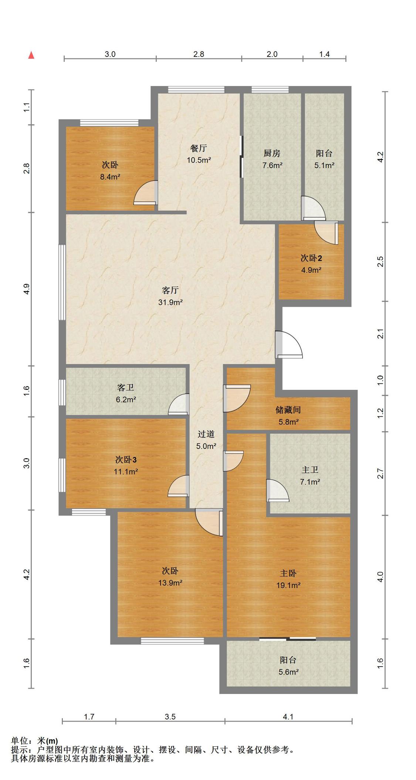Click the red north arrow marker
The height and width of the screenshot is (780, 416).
tap(31, 55)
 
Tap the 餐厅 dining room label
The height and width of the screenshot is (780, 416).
tap(199, 148)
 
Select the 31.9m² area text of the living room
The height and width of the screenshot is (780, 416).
tap(170, 302)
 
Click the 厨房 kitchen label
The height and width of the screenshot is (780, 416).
tap(272, 153)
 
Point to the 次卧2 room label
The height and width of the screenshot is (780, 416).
tap(311, 258)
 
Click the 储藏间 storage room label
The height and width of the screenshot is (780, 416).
tap(288, 410)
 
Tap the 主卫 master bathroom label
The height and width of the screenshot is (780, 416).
tap(310, 470)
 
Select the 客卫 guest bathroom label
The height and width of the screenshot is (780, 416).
tap(125, 387)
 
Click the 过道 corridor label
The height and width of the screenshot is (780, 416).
tap(206, 434)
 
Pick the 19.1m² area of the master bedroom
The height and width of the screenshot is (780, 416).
tap(288, 585)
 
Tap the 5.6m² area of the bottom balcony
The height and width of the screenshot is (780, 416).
tap(289, 672)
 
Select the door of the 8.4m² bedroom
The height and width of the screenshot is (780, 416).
tap(146, 193)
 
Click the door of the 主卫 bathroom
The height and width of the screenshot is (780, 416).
tap(277, 490)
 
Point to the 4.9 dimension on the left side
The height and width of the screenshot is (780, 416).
tap(26, 289)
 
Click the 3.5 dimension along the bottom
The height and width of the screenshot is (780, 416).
tap(170, 717)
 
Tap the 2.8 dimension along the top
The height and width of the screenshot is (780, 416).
tap(199, 54)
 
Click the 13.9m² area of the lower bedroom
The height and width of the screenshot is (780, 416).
tap(170, 583)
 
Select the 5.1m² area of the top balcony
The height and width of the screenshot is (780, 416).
tap(324, 165)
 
